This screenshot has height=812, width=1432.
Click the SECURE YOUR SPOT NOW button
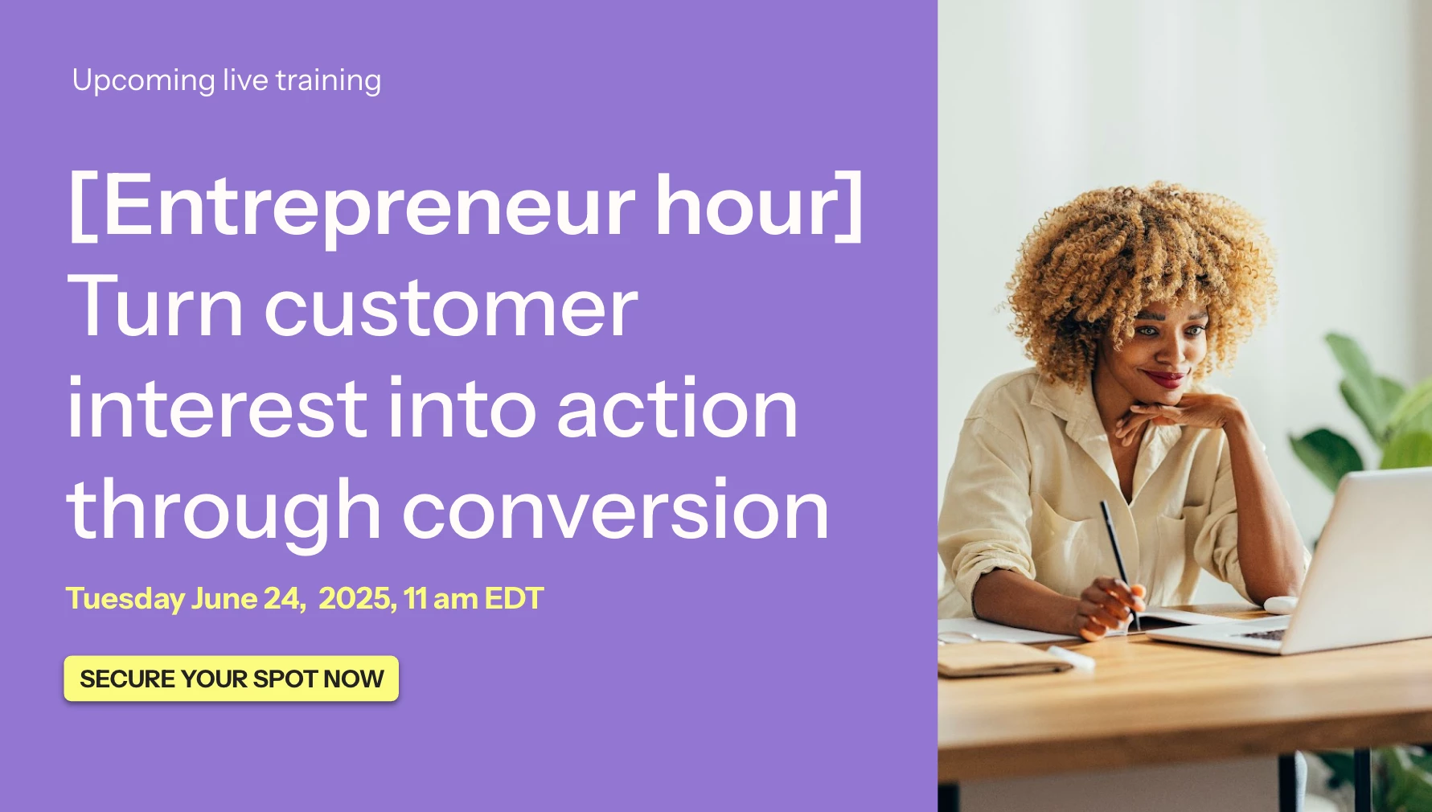click(232, 679)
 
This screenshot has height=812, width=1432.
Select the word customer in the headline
click(451, 309)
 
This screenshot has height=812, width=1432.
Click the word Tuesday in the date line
click(125, 600)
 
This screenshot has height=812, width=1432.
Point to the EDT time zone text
click(515, 598)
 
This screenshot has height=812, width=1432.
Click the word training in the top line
click(328, 81)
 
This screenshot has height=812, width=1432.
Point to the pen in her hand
click(1120, 564)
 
